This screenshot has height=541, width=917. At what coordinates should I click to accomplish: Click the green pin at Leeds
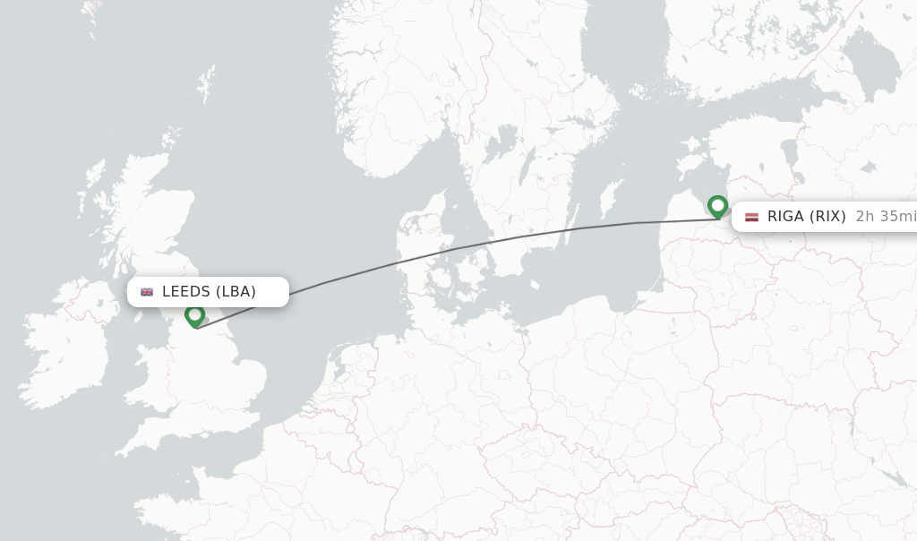tap(194, 315)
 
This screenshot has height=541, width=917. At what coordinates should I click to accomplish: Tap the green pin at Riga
tap(717, 206)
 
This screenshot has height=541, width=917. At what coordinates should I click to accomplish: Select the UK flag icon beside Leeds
tap(147, 291)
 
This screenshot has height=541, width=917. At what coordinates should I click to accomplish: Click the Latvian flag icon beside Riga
tap(751, 217)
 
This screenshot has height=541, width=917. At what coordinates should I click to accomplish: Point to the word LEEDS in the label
tap(185, 291)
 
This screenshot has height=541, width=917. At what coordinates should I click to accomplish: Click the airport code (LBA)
tap(236, 291)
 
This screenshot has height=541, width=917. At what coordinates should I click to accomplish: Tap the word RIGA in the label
tap(786, 216)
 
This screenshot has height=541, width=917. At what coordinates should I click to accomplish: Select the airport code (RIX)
tap(828, 216)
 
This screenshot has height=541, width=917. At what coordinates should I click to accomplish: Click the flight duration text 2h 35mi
tap(885, 216)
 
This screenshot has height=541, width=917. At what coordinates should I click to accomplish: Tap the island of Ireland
tap(67, 345)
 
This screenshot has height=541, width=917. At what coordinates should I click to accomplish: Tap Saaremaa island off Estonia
tap(688, 166)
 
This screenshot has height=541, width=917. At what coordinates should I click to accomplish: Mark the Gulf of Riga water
tap(707, 184)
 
